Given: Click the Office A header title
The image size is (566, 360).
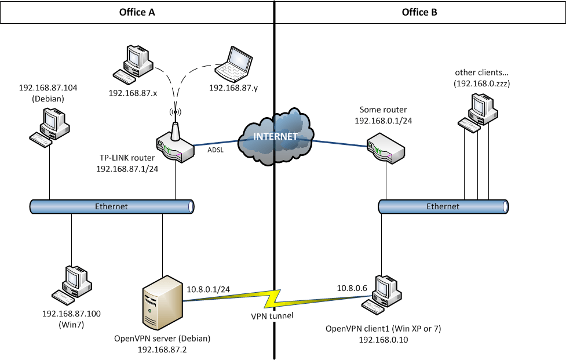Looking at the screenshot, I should pos(137,12).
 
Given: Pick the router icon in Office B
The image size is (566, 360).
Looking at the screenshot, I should pos(385,148).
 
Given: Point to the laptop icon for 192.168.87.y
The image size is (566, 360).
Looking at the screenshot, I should pos(235,64).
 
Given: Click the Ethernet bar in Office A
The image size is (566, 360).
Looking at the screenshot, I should pos(112,206).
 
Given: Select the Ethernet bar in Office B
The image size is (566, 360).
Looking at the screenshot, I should pos(443,206).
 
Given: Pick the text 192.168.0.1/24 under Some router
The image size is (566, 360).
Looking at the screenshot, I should pos(383,121).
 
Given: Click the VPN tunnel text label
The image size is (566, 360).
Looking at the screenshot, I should pos(272,316).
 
